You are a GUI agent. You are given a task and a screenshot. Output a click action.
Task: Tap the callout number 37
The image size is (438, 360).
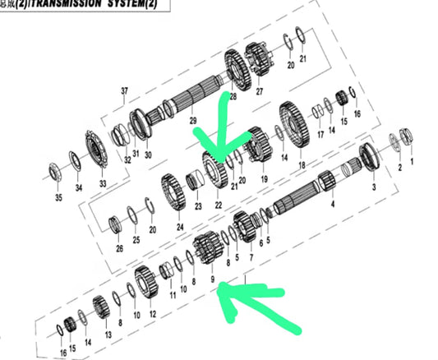(125, 90)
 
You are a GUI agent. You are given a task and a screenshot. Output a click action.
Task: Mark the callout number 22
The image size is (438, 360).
(219, 204)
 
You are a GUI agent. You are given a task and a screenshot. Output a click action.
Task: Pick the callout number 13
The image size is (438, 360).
(108, 335)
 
